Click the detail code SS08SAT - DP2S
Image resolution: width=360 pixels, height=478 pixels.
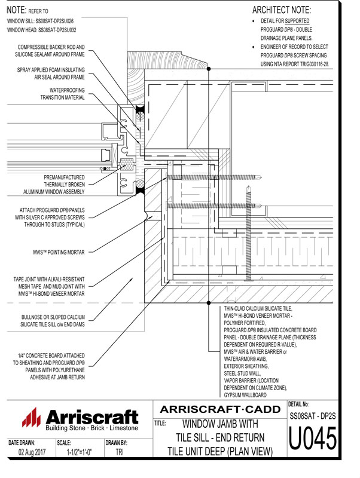(313, 413)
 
